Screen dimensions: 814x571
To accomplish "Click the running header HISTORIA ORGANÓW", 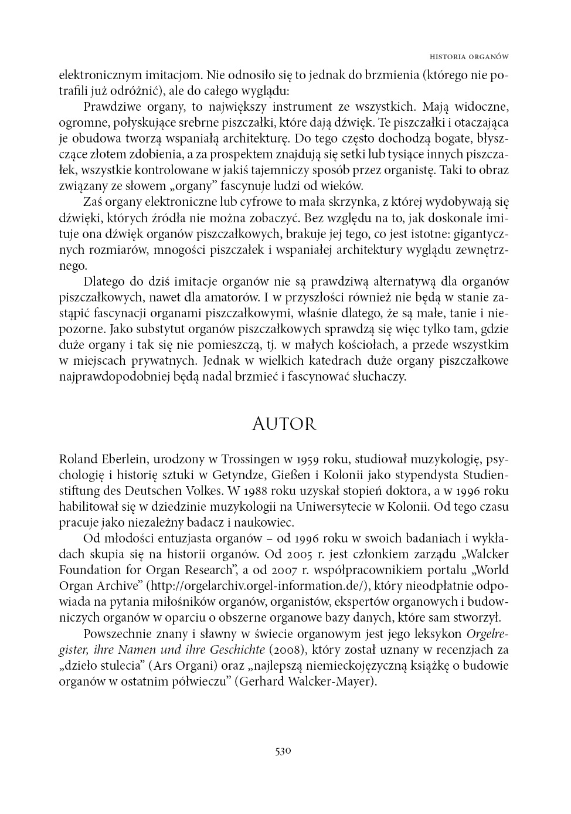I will coord(468,57).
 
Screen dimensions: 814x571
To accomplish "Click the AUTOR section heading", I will coord(284,424).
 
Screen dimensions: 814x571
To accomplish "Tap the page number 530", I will coord(283,751).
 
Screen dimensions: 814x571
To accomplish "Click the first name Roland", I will coord(75,458).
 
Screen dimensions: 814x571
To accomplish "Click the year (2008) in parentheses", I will coord(287,649).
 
